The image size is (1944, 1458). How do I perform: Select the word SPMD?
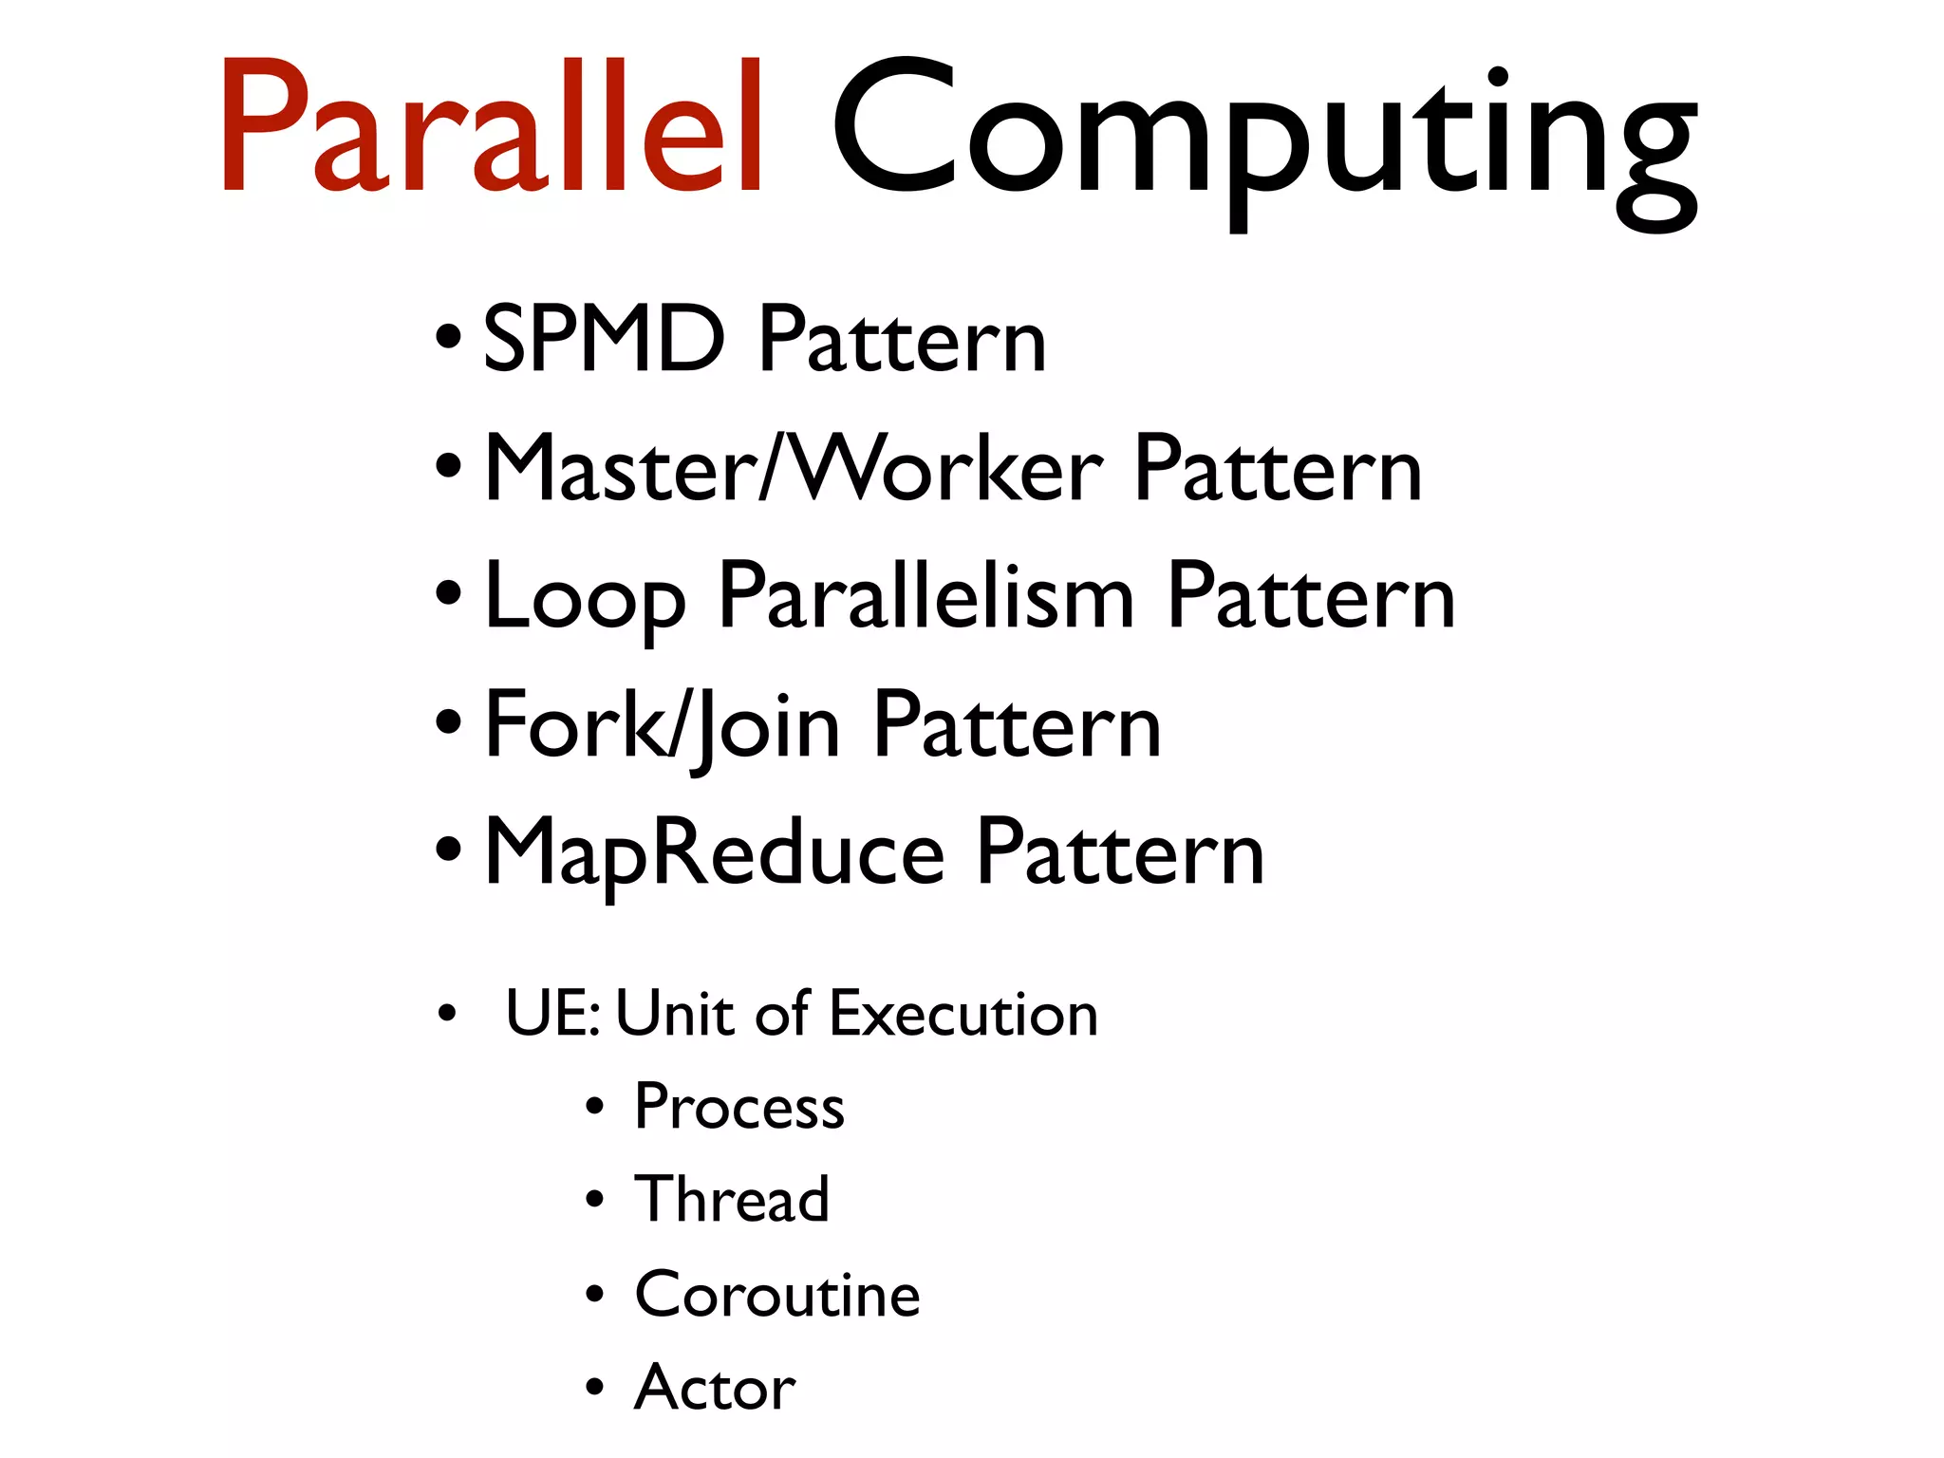[x=604, y=339]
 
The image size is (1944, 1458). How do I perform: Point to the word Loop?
[x=585, y=598]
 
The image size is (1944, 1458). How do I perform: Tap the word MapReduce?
[x=714, y=854]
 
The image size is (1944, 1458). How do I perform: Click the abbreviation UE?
[x=552, y=1013]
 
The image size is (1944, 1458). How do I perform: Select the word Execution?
[x=963, y=1013]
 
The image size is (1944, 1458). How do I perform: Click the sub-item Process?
[x=739, y=1107]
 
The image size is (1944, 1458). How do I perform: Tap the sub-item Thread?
[x=732, y=1199]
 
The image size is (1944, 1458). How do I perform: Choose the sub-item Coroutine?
[x=777, y=1293]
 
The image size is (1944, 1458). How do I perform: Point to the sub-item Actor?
[x=715, y=1387]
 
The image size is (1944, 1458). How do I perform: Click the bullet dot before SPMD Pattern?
[x=448, y=337]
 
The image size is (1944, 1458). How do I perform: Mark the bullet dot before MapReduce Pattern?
[x=448, y=847]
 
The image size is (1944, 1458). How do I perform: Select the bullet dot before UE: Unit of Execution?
[x=447, y=1015]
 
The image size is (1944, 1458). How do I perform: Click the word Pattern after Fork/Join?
[x=1017, y=727]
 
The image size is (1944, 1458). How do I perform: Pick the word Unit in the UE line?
[x=675, y=1013]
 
